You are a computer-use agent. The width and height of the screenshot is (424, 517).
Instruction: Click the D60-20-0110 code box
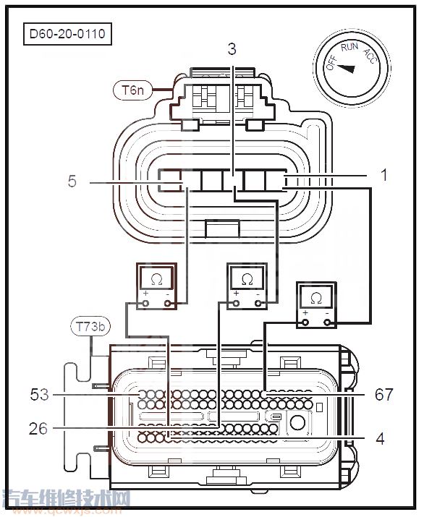(x=67, y=34)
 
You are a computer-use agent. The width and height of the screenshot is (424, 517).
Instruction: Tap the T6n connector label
(x=132, y=90)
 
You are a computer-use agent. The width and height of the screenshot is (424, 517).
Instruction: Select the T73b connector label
(x=90, y=326)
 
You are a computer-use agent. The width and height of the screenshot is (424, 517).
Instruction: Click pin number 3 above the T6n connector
(x=232, y=49)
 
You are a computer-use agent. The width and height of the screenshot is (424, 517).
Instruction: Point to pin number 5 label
(x=72, y=181)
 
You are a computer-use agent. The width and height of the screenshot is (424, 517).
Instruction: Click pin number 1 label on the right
(x=383, y=175)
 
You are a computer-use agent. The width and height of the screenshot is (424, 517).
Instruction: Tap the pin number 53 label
(x=39, y=394)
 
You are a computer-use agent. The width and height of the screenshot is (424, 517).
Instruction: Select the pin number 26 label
(x=38, y=429)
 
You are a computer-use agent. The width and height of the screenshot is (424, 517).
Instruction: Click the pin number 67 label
(x=384, y=394)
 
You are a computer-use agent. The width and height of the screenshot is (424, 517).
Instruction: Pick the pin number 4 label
(x=380, y=439)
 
